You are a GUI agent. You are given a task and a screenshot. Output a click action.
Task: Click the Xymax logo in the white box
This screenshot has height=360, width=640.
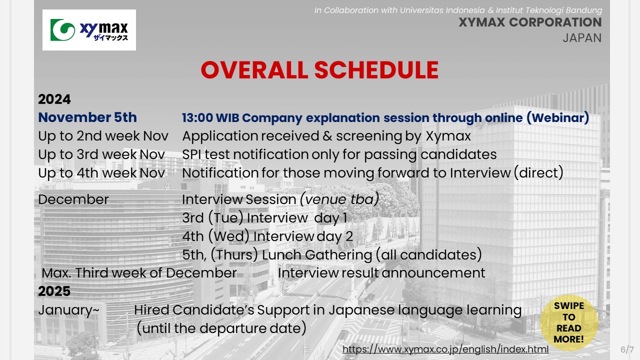(x=89, y=30)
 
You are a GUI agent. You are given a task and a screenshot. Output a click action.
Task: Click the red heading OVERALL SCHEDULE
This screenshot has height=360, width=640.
(x=319, y=70)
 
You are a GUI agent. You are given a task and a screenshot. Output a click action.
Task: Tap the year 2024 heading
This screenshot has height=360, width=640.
(x=54, y=99)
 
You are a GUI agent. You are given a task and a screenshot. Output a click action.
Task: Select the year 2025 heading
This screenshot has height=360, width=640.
(x=54, y=291)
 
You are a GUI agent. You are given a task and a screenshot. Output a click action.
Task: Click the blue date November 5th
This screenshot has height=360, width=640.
(x=87, y=117)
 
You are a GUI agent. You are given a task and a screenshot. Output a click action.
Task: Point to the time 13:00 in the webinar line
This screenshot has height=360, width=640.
(x=197, y=117)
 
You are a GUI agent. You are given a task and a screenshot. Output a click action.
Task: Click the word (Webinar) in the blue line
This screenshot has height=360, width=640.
(x=557, y=118)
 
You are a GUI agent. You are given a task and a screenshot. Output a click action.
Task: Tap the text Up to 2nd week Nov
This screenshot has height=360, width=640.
(x=103, y=136)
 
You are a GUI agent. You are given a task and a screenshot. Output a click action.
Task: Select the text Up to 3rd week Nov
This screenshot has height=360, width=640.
(x=101, y=154)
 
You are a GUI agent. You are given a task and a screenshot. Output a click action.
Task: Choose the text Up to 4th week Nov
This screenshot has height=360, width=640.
(x=101, y=173)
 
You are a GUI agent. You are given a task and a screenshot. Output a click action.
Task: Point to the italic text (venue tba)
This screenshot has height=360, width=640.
(x=339, y=199)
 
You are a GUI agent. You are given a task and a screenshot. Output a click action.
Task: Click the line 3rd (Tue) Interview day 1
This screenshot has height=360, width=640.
(x=264, y=218)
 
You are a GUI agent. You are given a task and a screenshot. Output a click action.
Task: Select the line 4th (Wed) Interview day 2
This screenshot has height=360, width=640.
(x=267, y=236)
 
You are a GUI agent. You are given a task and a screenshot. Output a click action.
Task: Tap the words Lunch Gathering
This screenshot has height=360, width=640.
(x=317, y=255)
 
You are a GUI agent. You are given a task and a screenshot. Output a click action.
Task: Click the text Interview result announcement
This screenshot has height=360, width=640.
(x=381, y=273)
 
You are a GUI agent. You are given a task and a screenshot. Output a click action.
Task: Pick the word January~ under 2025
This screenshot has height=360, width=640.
(x=68, y=310)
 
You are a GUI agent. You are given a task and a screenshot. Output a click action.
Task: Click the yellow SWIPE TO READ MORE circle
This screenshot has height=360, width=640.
(x=569, y=322)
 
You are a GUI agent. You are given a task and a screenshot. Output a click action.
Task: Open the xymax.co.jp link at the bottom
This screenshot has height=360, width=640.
(x=445, y=349)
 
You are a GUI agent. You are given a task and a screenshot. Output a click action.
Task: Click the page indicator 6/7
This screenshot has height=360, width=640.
(x=627, y=349)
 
